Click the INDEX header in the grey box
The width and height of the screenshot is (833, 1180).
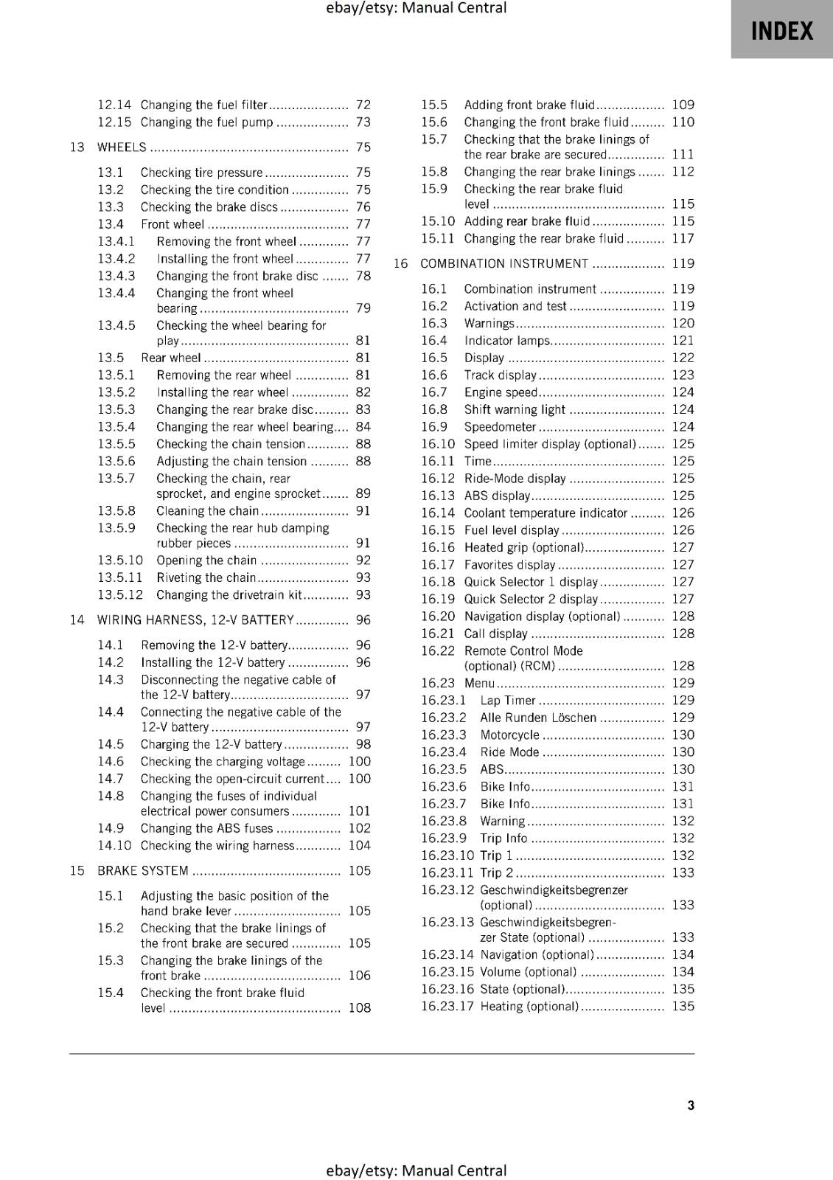click(781, 31)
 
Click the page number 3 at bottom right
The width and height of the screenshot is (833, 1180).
click(691, 1105)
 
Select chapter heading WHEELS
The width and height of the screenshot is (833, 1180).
click(122, 147)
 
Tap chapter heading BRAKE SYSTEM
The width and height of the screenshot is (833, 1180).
click(143, 871)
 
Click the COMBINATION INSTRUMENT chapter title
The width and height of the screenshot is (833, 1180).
click(504, 264)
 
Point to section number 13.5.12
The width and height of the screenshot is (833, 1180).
click(120, 595)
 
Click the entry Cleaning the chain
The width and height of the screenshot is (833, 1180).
click(207, 511)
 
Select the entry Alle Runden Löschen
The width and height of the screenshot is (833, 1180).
click(537, 718)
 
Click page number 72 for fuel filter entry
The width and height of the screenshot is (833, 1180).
click(363, 105)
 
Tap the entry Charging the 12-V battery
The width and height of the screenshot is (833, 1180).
click(211, 745)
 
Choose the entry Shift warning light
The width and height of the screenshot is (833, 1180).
click(515, 410)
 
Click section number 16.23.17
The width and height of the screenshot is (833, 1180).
click(447, 1007)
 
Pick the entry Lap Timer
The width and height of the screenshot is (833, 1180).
click(508, 701)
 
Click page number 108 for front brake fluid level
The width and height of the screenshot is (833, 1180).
click(359, 1008)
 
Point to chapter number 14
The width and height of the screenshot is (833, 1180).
click(77, 620)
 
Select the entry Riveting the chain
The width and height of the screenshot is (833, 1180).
click(206, 578)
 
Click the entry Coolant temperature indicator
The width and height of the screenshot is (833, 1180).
click(546, 513)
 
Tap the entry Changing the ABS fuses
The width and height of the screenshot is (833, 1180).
click(206, 829)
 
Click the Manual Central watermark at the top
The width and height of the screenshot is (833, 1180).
click(416, 8)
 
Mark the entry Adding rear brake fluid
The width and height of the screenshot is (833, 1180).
click(527, 221)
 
